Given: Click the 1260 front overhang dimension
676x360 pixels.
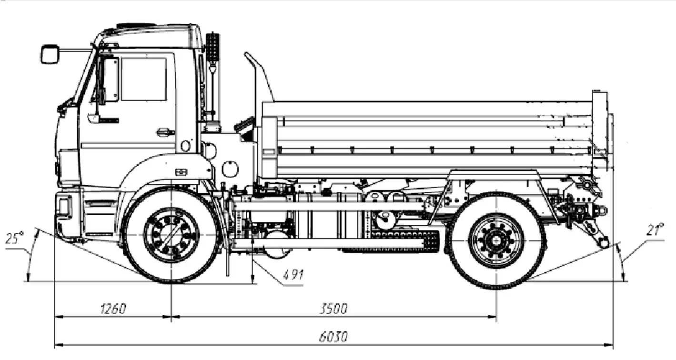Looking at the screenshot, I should [x=113, y=309].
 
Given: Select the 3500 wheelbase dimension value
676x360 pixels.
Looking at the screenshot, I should [x=333, y=309].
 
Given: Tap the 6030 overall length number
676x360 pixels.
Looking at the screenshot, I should [x=333, y=337].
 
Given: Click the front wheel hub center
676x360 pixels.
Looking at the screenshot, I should [x=172, y=235].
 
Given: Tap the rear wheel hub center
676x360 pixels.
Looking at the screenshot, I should [x=497, y=240].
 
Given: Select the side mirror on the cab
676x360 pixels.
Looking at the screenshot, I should [x=50, y=54].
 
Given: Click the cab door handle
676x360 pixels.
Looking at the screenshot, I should [x=165, y=132].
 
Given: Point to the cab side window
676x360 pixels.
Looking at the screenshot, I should [x=144, y=79].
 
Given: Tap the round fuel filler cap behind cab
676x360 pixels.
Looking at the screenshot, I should [x=230, y=168].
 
